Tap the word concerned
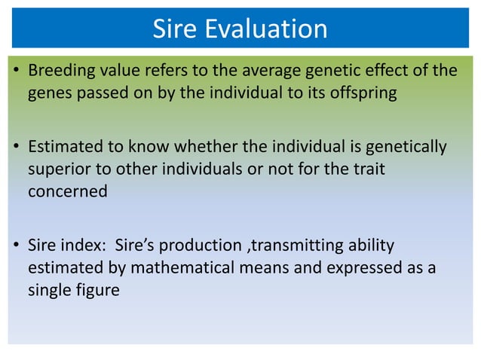click(68, 191)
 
